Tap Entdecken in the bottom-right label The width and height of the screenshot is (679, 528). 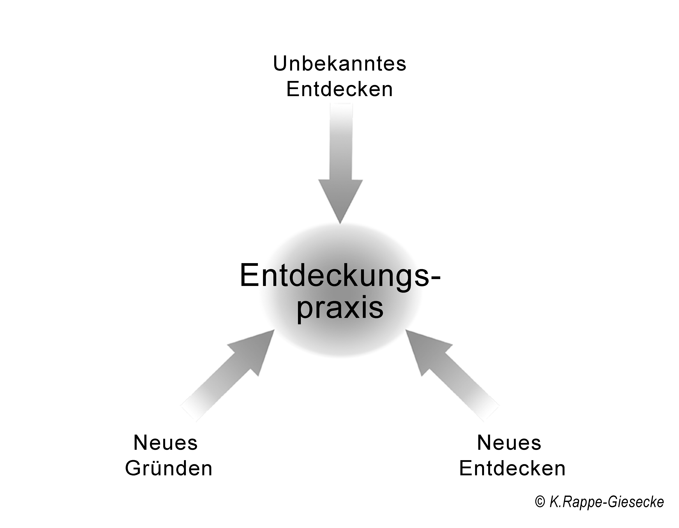click(512, 468)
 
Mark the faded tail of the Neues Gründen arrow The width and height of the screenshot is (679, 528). click(191, 410)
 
